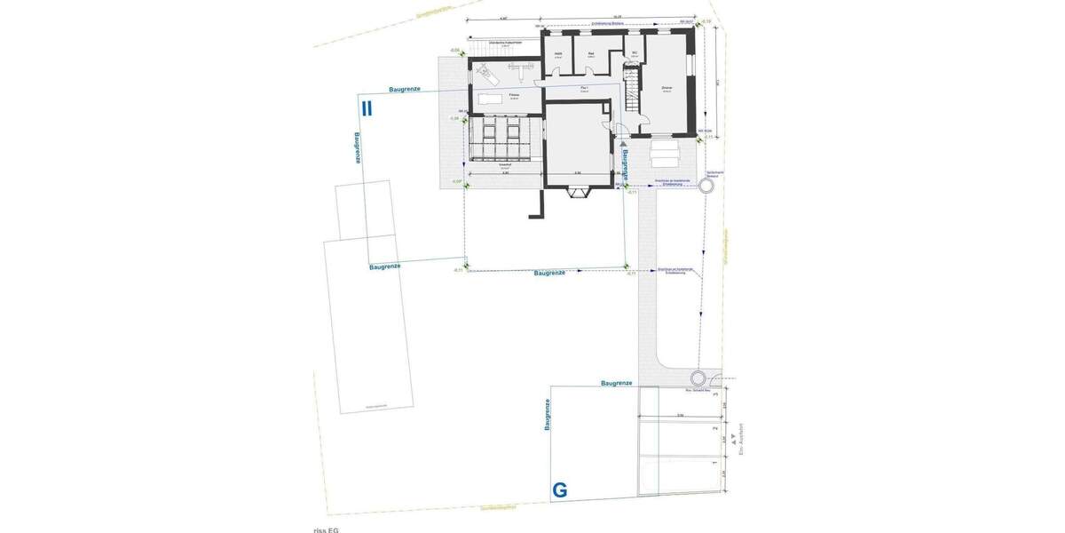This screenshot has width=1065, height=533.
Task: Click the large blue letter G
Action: pos(560,489)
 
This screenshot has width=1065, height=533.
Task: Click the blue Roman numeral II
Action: pos(367,108)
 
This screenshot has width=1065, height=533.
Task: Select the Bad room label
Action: pos(591,54)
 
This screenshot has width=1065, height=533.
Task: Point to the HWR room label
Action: pos(558,54)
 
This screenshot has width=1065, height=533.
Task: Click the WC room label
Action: pos(635,52)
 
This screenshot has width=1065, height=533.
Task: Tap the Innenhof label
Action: pos(505,165)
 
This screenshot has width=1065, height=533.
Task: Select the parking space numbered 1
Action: pos(715,463)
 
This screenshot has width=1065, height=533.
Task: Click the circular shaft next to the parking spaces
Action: pos(697,377)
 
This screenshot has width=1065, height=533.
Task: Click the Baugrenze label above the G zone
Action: pos(616,383)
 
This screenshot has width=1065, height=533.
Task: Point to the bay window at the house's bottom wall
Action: pos(581,191)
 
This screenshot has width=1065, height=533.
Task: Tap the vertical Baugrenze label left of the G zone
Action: pos(548,415)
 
